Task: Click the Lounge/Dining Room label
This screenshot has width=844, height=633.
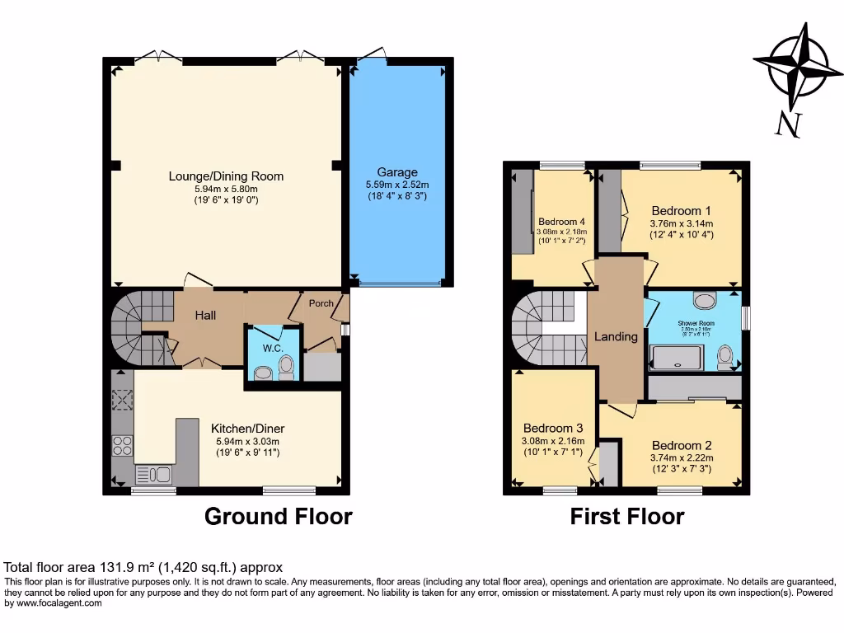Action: click(x=226, y=176)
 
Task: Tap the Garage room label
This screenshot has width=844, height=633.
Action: click(x=397, y=172)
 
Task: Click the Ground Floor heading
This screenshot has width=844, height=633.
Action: click(x=278, y=517)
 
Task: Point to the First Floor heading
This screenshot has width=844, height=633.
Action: click(x=627, y=517)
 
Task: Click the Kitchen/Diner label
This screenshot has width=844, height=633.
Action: click(x=248, y=429)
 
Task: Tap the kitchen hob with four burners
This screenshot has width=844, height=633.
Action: click(x=122, y=446)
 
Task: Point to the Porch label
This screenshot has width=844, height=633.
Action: click(x=321, y=303)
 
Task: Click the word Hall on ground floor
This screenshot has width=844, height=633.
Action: click(x=205, y=315)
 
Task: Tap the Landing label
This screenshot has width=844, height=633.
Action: click(x=617, y=336)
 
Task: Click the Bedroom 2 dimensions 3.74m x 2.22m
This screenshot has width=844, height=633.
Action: click(x=681, y=458)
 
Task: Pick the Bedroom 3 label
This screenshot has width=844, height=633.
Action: click(x=553, y=428)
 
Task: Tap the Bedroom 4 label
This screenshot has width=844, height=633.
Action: click(x=561, y=222)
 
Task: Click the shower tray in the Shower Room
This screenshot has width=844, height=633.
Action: click(x=677, y=357)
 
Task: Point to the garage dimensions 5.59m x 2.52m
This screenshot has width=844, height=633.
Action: click(x=397, y=185)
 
